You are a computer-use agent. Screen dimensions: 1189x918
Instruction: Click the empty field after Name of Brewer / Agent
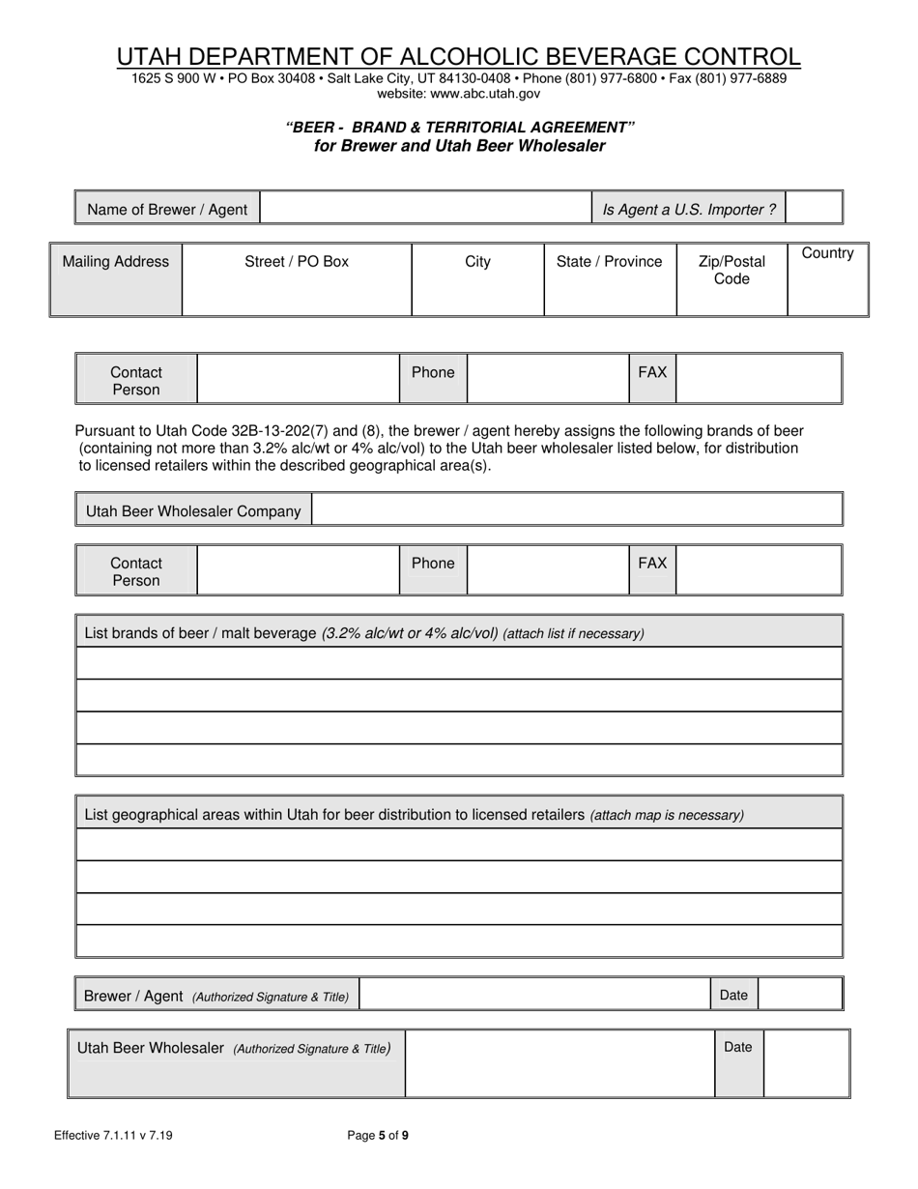[425, 209]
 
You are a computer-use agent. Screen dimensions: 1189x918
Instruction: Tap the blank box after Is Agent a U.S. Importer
[814, 209]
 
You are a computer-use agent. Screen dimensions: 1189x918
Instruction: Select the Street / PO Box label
[297, 261]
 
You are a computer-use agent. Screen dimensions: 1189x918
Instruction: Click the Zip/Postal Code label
[732, 270]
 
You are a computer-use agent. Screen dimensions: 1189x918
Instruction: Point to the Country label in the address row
[827, 253]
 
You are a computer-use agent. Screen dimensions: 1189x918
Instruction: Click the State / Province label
[609, 261]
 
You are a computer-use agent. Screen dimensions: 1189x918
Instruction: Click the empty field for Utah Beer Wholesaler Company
[577, 510]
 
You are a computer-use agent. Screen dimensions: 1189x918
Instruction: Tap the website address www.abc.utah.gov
[458, 94]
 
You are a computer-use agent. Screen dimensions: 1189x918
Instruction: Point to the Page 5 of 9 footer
[378, 1136]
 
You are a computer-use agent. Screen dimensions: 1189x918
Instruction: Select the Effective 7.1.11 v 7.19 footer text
[114, 1136]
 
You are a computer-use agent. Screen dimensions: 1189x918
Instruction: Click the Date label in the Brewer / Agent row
[733, 995]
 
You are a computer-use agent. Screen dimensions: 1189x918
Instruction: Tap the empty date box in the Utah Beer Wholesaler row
[806, 1063]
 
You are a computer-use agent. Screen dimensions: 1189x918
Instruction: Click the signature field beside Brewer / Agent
[535, 995]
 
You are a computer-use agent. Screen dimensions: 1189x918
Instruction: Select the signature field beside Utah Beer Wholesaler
[559, 1063]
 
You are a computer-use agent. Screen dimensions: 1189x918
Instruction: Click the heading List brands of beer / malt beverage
[364, 633]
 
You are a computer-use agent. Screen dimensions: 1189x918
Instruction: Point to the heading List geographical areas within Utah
[414, 814]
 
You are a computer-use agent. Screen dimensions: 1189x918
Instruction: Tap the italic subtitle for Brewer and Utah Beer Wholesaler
[460, 146]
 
